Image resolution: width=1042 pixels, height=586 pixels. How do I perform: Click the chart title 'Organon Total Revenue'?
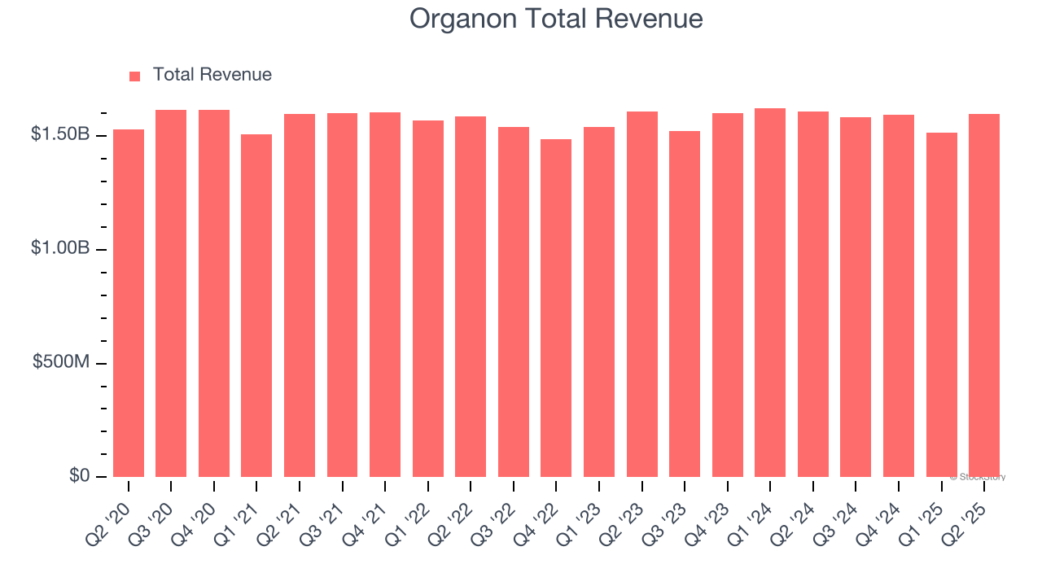[x=556, y=19]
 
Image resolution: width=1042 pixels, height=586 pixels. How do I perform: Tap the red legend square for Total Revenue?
[x=135, y=76]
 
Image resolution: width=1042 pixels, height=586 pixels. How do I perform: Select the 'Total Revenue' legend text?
[x=212, y=75]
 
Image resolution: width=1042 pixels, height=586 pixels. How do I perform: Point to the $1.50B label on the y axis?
[x=60, y=134]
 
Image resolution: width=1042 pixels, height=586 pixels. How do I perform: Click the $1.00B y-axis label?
[x=60, y=248]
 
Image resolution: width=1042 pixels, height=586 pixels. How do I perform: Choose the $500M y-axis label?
[x=62, y=362]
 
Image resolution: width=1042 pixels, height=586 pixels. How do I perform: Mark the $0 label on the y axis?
[x=78, y=475]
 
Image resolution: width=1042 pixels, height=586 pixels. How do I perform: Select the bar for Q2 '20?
[x=129, y=303]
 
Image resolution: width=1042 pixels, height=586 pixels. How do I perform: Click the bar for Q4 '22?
[x=556, y=308]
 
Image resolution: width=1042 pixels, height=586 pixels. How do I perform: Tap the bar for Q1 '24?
[x=770, y=292]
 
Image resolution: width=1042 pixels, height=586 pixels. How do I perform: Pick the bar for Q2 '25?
[x=984, y=295]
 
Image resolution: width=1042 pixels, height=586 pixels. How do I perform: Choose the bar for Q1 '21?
[x=256, y=305]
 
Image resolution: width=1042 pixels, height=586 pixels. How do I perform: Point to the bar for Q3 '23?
[x=685, y=304]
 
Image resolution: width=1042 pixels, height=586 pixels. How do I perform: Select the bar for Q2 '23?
[x=641, y=294]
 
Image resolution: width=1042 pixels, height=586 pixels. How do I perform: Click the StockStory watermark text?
[x=978, y=477]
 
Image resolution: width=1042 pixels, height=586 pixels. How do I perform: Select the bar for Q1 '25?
[x=941, y=304]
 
